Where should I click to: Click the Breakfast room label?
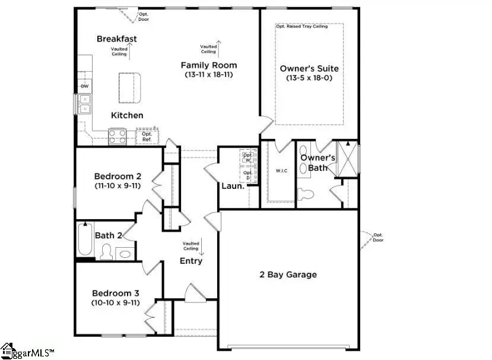tap(117, 39)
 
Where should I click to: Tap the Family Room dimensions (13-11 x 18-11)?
tap(209, 75)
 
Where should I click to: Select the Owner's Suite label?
tap(309, 68)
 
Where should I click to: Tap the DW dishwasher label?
tap(84, 86)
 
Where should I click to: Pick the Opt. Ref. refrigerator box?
tap(147, 137)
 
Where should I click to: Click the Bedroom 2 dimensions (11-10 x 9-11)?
tap(118, 186)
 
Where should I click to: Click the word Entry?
tap(191, 261)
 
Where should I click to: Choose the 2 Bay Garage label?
tap(288, 274)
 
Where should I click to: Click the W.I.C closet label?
tap(281, 171)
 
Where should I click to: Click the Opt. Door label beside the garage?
tap(378, 238)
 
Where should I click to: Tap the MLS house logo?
tap(8, 350)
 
